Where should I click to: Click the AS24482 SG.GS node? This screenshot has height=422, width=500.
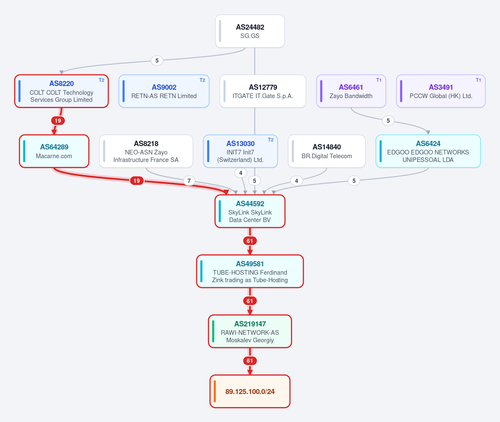pyautogui.click(x=250, y=31)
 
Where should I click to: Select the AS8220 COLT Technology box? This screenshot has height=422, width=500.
pyautogui.click(x=62, y=91)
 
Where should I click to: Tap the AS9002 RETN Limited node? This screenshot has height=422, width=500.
pyautogui.click(x=164, y=91)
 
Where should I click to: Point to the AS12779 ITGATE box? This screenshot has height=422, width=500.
pyautogui.click(x=262, y=91)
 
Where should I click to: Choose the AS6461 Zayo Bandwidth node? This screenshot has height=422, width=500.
pyautogui.click(x=351, y=91)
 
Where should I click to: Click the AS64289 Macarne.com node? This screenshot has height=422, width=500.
pyautogui.click(x=54, y=151)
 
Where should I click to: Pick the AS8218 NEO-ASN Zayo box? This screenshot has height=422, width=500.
pyautogui.click(x=146, y=151)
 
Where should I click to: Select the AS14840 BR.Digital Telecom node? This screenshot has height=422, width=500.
pyautogui.click(x=327, y=151)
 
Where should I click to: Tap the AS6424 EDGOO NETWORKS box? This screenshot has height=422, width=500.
pyautogui.click(x=428, y=151)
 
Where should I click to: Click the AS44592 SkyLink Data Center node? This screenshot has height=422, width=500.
pyautogui.click(x=250, y=211)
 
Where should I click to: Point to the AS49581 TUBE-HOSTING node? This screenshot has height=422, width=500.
pyautogui.click(x=250, y=271)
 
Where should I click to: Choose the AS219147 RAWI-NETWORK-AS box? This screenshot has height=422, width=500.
pyautogui.click(x=250, y=331)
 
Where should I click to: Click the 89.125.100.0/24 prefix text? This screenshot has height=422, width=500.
pyautogui.click(x=250, y=392)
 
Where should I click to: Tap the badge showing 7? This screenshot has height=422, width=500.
pyautogui.click(x=189, y=181)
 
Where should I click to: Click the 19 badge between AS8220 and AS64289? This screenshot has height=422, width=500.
pyautogui.click(x=58, y=121)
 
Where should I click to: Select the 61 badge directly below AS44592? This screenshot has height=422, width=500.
pyautogui.click(x=250, y=241)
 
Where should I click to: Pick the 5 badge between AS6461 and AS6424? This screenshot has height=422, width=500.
pyautogui.click(x=388, y=121)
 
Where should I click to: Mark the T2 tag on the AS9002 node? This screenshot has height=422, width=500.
pyautogui.click(x=202, y=80)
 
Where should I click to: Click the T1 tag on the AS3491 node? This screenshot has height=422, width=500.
pyautogui.click(x=478, y=80)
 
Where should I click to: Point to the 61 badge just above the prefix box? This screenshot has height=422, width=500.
pyautogui.click(x=250, y=361)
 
